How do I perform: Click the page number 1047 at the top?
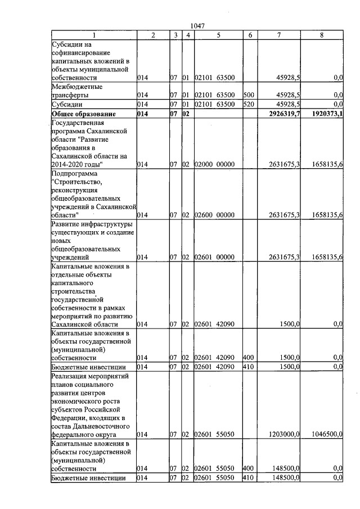(x=197, y=26)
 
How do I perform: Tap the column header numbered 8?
(x=322, y=35)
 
